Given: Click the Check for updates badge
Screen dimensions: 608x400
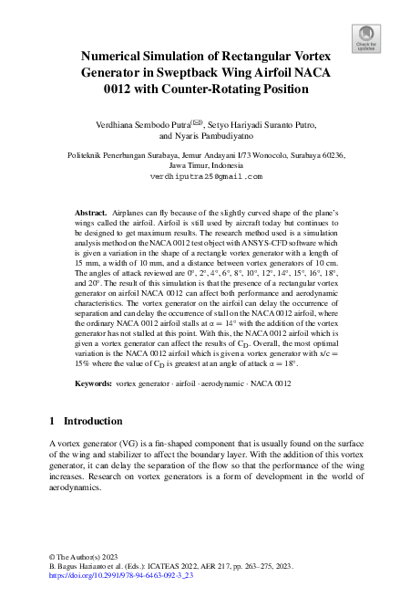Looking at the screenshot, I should tap(365, 37).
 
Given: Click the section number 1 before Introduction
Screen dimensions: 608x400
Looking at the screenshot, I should tap(49, 422).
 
